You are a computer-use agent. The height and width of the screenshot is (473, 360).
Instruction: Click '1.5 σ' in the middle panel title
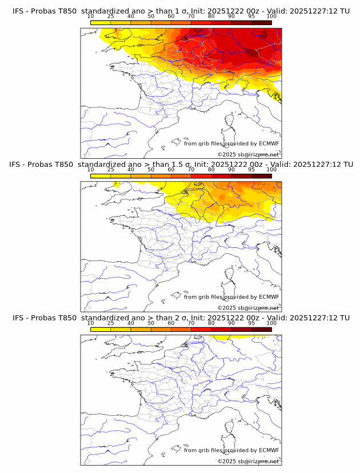coord(184,165)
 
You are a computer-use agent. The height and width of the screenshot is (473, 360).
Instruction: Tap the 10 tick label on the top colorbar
coord(90,17)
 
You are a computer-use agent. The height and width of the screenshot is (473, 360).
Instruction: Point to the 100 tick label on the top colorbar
coord(271,17)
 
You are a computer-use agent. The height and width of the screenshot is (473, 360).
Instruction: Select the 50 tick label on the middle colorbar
coord(151,170)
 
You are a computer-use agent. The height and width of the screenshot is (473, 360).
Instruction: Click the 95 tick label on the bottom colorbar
coord(251,323)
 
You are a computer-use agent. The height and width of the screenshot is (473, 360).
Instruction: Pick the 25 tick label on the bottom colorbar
coord(110,323)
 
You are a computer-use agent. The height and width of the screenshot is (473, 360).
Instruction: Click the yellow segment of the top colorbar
coord(101,22)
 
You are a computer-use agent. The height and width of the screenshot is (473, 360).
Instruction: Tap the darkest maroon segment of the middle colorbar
coord(261,176)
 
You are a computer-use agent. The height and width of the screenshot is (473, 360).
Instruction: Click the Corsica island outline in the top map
coord(230,121)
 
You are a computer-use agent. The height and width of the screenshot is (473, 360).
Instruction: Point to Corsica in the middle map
coord(230,275)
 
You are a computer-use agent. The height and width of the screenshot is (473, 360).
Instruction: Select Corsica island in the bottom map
coord(230,428)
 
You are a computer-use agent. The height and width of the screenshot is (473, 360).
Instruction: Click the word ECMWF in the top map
coord(269,143)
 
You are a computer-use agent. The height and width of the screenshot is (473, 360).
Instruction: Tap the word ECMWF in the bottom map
coord(269,450)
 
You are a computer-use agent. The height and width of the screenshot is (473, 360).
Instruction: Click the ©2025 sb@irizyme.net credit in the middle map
coord(248,308)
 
